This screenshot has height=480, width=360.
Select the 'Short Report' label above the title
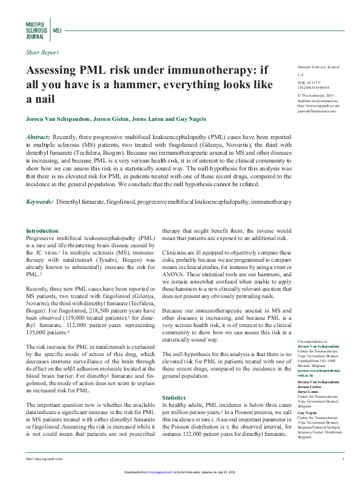click(x=42, y=53)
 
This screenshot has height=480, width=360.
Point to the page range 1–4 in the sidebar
click(x=300, y=73)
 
